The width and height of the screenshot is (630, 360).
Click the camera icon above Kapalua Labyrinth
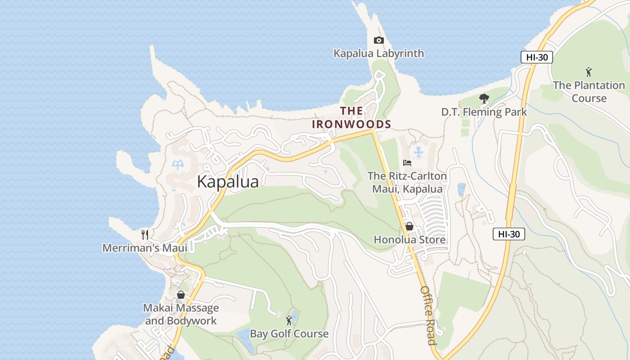(x=378, y=40)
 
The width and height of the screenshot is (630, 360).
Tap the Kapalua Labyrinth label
(x=378, y=54)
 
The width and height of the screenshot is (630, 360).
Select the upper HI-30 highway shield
(x=536, y=57)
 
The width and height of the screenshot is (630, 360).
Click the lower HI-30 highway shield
(x=508, y=234)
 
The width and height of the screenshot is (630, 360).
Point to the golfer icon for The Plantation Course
(x=589, y=72)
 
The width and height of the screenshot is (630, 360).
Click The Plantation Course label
(x=589, y=92)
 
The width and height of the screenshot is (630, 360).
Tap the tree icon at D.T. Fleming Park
(x=484, y=99)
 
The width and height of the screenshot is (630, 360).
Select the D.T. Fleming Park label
(x=484, y=112)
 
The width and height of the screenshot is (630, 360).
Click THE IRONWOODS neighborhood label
(x=351, y=117)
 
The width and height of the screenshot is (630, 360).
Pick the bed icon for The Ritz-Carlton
(x=407, y=163)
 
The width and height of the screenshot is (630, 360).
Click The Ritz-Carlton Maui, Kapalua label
(x=407, y=182)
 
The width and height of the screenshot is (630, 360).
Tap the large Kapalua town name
(x=228, y=182)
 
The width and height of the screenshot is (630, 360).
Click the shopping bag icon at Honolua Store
(x=409, y=226)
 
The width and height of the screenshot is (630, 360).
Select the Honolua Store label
(x=409, y=240)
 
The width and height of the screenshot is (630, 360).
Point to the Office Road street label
(x=428, y=315)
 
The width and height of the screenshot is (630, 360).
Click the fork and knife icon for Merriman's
(x=144, y=234)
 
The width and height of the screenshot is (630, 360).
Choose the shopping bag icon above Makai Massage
(x=181, y=295)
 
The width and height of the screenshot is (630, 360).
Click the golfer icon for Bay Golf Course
(x=289, y=320)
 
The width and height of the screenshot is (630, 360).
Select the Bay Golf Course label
(x=289, y=334)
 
